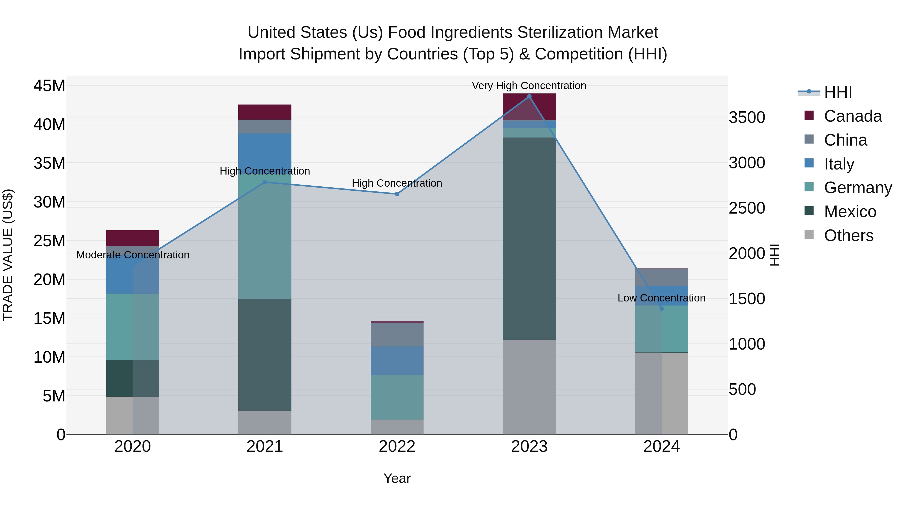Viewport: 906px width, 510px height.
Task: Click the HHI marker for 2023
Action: coord(529,96)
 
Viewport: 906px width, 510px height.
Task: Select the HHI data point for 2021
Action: coord(265,182)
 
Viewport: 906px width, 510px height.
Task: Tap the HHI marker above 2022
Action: coord(397,194)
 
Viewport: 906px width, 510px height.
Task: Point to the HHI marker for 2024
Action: coord(662,309)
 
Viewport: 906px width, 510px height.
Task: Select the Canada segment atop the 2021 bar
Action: coord(265,112)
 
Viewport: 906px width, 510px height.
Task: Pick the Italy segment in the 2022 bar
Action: coord(397,360)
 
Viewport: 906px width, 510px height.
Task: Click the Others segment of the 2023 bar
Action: coord(529,387)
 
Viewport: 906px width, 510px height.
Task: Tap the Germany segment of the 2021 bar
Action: coord(265,236)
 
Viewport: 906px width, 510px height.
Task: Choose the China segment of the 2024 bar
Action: coord(662,278)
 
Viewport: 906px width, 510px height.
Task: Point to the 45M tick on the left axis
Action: coord(49,86)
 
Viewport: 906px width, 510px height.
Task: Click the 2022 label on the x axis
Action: coord(397,447)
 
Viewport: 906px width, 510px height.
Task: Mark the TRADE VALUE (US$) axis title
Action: coord(8,255)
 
